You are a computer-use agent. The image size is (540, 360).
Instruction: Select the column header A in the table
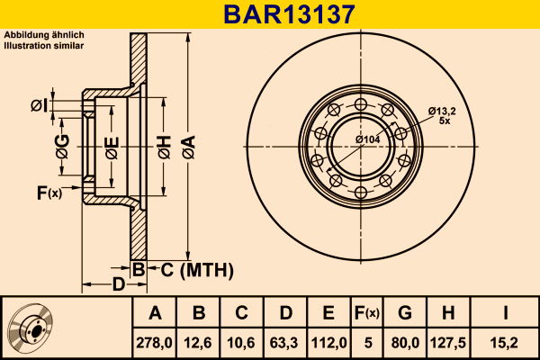[x=155, y=313]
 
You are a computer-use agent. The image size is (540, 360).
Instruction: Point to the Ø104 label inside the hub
[x=366, y=139]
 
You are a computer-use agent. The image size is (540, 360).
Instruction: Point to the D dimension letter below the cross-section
[x=118, y=286]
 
